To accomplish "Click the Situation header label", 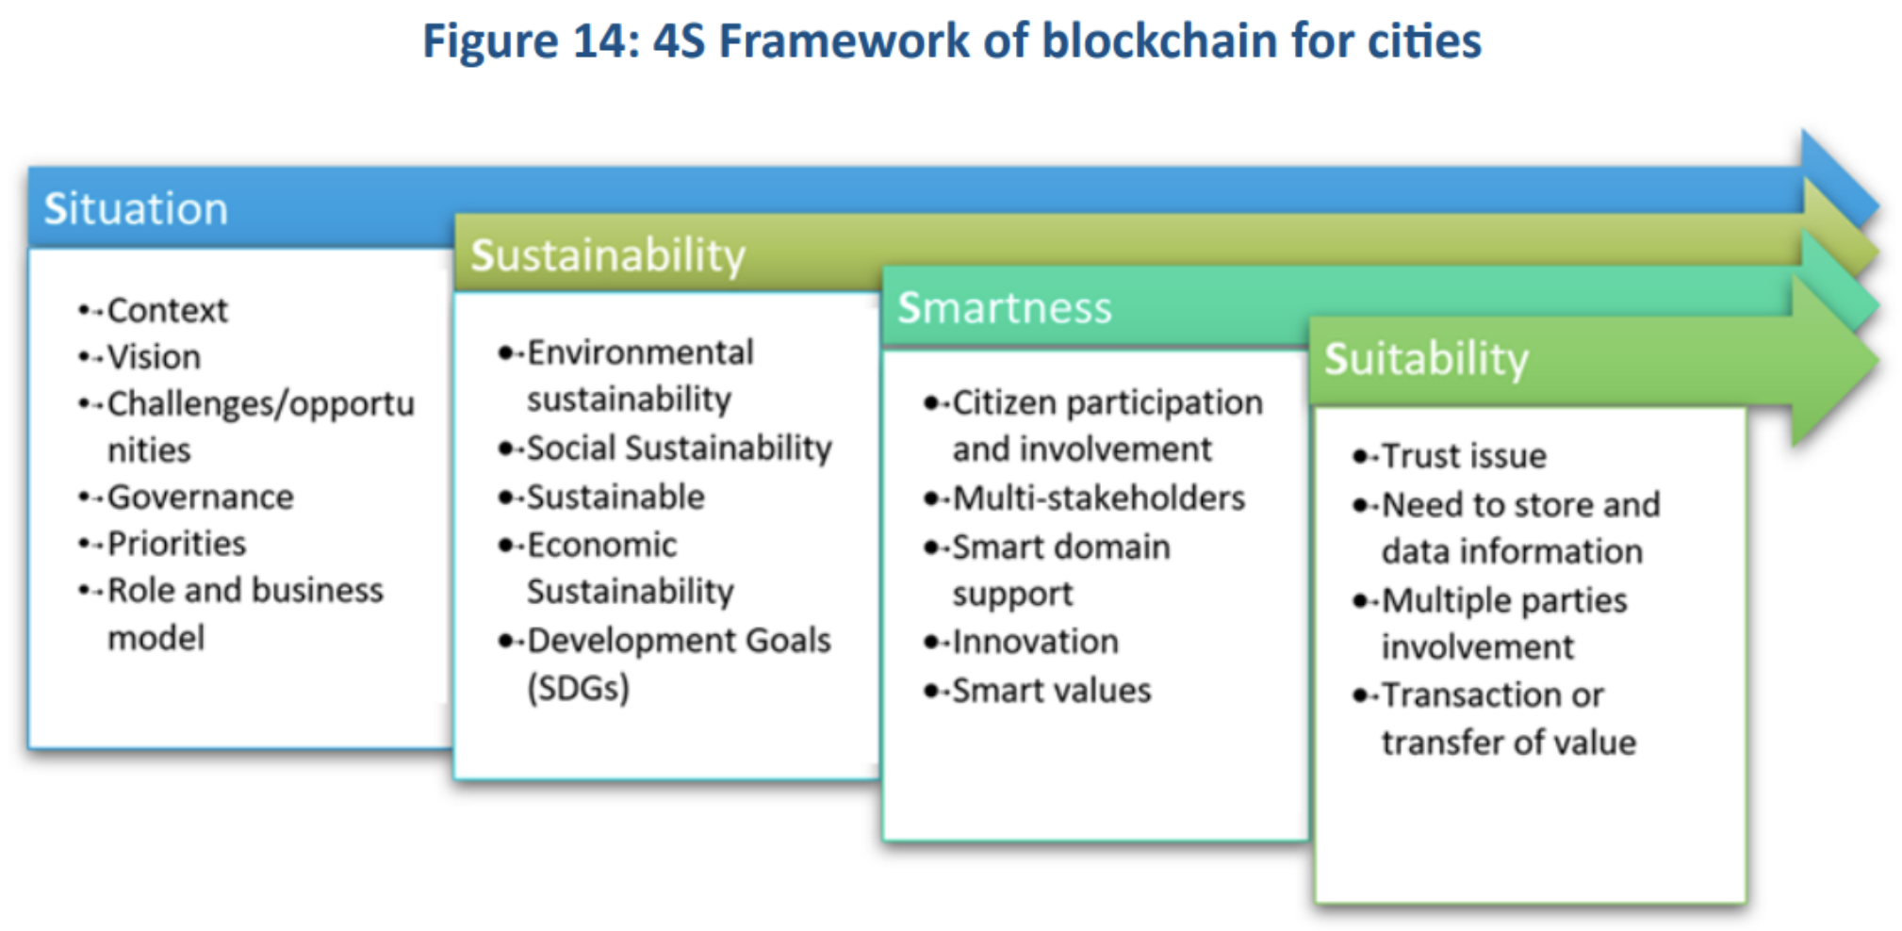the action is coord(137,208).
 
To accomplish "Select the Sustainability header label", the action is coord(608,255).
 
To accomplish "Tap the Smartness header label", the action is coord(1005,307).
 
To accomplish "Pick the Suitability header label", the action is coord(1426,359).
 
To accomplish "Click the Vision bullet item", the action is coord(154,357).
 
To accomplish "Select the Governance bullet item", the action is coord(201,497).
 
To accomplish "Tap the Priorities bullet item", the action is coord(176,544).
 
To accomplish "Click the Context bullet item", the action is coord(168,310).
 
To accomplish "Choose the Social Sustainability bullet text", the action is coord(680,448).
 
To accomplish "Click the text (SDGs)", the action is coord(579,688).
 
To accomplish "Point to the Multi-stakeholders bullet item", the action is coord(1099,498).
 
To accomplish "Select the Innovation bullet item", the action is coord(1036,642).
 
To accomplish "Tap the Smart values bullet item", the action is coord(1052,690).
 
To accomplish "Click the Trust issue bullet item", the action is coord(1465,456).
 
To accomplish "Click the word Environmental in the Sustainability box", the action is coord(641,352).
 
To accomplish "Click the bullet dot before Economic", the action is coord(506,546).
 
